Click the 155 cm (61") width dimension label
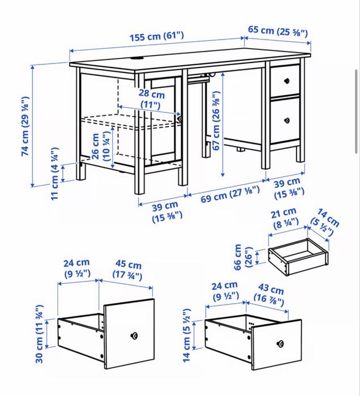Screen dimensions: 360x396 click(157, 37)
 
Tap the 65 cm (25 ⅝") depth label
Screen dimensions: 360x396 click(278, 31)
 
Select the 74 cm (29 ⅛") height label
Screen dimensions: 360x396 click(25, 126)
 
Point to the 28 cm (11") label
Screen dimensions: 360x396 click(151, 99)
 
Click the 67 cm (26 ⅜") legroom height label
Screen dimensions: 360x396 click(216, 121)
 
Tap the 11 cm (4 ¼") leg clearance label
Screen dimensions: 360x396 click(55, 173)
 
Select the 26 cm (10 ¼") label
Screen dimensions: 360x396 click(101, 147)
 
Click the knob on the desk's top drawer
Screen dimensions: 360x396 click(286, 81)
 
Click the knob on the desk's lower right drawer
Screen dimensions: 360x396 click(287, 121)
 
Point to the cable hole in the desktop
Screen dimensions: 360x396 click(136, 59)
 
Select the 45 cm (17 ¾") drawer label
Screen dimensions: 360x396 click(128, 270)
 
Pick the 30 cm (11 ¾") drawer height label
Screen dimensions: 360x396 click(39, 334)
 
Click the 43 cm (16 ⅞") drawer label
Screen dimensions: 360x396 click(269, 294)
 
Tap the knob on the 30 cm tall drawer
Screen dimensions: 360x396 click(134, 336)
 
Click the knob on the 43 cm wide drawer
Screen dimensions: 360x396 click(280, 344)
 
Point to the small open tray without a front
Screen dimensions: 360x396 click(298, 257)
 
